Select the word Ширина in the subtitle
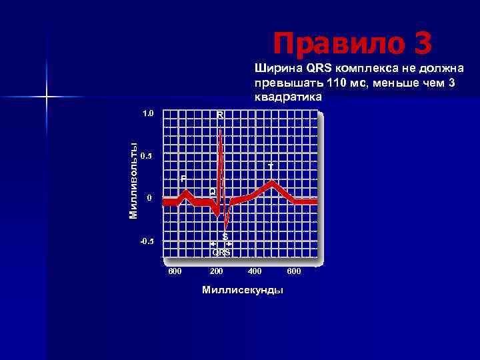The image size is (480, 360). tap(275, 69)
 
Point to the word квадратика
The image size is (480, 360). tap(287, 97)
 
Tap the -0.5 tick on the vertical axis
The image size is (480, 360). tap(146, 241)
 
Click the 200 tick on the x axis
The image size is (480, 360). tap(216, 271)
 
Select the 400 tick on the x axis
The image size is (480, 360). tap(255, 271)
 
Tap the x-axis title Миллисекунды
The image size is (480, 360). tap(242, 290)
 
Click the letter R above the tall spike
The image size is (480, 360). tap(219, 115)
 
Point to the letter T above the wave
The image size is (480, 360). tap(270, 165)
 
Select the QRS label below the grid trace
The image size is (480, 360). tap(221, 253)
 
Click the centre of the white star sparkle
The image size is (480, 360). tap(47, 97)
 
